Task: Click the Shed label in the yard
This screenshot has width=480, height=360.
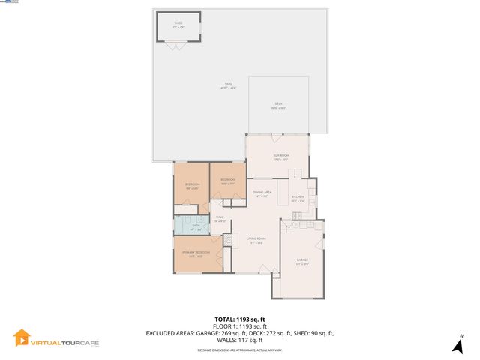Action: (178, 25)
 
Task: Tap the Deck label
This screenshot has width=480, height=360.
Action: (278, 106)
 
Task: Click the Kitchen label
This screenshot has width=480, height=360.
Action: (298, 199)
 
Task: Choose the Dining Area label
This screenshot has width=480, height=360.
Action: (261, 195)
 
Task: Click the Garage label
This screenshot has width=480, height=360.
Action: (301, 261)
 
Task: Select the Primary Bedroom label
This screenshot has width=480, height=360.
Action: (196, 253)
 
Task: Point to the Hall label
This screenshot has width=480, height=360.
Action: (219, 219)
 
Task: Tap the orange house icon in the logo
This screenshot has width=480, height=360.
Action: (22, 339)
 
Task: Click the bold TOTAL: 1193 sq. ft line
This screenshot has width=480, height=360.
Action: (240, 318)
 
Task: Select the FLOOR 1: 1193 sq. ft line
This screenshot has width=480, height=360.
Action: (240, 325)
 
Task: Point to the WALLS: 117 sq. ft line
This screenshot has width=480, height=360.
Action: (240, 339)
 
